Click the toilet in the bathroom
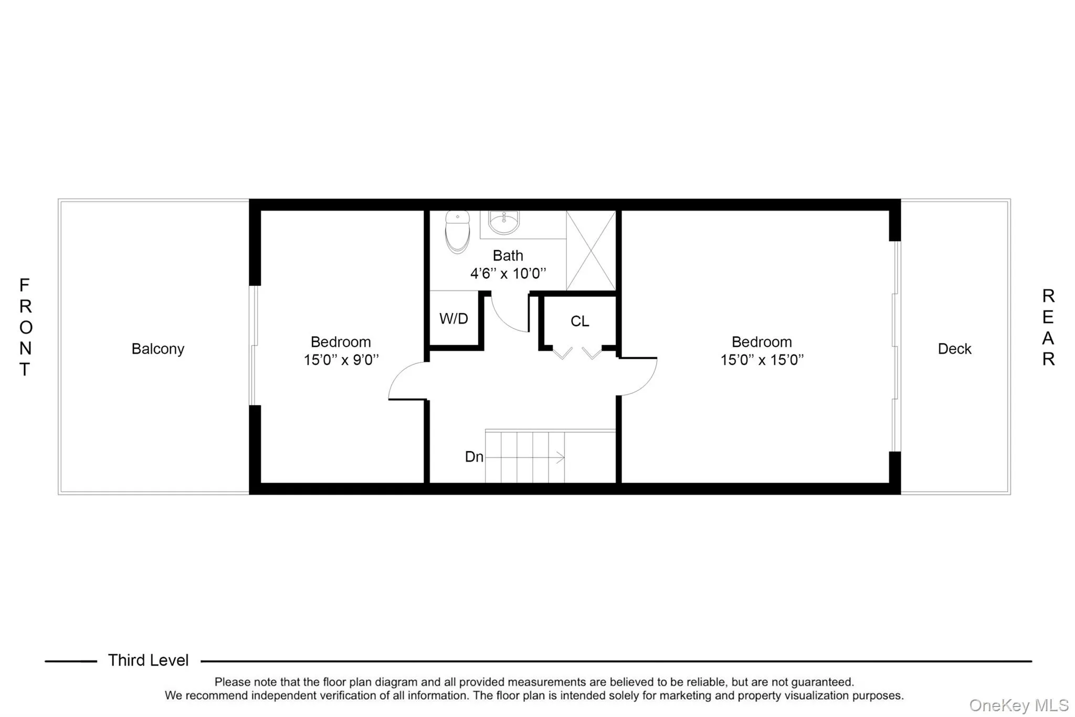click(457, 232)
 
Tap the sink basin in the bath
click(504, 222)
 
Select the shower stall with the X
click(591, 251)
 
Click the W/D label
click(454, 319)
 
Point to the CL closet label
click(579, 321)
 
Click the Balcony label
click(157, 349)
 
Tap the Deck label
click(954, 349)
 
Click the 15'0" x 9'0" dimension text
click(341, 360)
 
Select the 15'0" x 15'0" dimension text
click(762, 360)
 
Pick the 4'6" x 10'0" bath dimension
click(508, 274)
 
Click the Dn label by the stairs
click(474, 457)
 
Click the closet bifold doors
click(577, 353)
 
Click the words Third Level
click(148, 660)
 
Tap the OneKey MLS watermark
click(1018, 705)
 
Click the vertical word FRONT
click(25, 327)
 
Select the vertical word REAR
click(1048, 327)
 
